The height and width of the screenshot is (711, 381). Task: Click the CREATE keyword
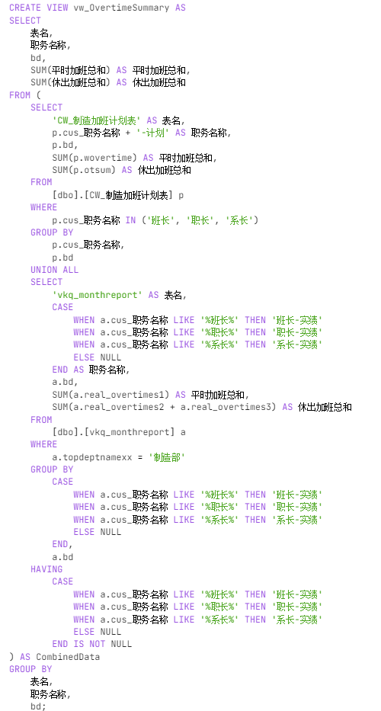(x=25, y=8)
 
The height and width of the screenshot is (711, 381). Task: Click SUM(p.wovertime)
(x=94, y=157)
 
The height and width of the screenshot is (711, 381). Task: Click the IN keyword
(x=130, y=220)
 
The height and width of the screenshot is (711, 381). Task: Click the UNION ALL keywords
(x=54, y=270)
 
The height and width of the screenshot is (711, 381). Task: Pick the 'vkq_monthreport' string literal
(x=98, y=295)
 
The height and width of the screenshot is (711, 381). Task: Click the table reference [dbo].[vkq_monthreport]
(x=114, y=432)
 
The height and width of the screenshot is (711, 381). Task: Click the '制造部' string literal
(x=168, y=457)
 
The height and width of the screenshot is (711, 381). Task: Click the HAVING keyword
(x=46, y=569)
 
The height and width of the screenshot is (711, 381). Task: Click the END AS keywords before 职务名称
(x=68, y=370)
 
